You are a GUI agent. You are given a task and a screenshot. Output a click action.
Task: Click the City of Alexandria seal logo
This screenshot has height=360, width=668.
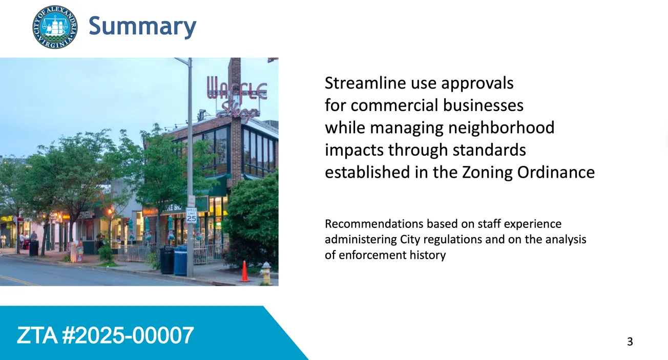(x=55, y=27)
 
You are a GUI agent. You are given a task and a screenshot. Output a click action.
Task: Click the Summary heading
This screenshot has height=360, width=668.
(x=142, y=26)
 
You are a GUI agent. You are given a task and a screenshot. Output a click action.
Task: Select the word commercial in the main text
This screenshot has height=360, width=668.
(x=394, y=105)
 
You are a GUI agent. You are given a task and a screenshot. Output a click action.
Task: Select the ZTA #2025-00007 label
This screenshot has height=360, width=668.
(x=106, y=335)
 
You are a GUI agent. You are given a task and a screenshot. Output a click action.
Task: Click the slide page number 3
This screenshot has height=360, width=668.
(x=630, y=342)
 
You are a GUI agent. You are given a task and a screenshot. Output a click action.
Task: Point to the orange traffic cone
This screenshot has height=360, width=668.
(x=244, y=271)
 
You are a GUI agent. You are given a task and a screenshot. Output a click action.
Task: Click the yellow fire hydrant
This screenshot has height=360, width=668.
(x=265, y=272)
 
